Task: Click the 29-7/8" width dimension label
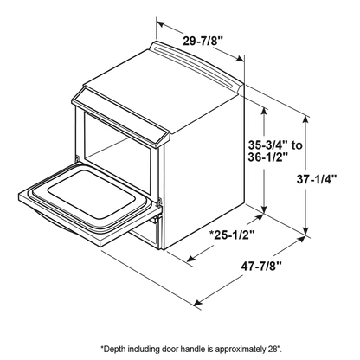203,41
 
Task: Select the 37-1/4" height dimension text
317,179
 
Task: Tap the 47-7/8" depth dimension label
261,267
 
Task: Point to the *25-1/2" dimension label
232,235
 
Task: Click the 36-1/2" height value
268,157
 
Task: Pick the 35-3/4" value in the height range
268,145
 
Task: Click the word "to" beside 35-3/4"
297,145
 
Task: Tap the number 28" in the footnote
271,349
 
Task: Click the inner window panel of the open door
92,194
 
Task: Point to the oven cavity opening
118,153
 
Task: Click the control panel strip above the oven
120,119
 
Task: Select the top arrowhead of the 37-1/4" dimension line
306,119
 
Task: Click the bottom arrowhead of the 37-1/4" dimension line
306,230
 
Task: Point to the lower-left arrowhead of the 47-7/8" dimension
197,303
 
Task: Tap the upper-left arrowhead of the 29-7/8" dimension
161,23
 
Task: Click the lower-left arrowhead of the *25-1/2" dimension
191,258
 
